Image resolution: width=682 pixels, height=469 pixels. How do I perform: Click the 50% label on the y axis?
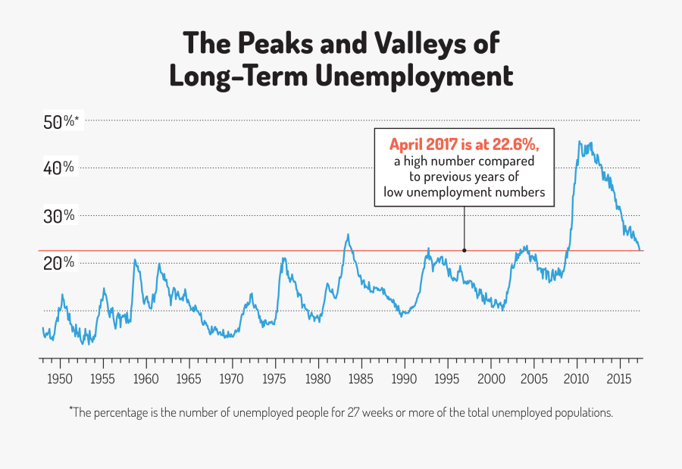pos(59,121)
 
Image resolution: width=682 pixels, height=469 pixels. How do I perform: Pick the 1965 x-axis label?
pos(189,378)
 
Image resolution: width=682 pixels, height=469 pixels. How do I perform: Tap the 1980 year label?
pos(318,378)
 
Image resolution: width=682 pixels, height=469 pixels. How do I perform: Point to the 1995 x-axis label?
pos(447,378)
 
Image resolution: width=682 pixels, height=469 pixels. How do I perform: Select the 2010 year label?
pos(577,378)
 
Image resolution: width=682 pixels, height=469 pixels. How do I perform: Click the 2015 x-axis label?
pos(620,378)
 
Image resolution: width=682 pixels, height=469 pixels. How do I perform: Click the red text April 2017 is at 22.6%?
pos(465,145)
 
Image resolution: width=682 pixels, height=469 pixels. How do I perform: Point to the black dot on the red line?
pos(464,250)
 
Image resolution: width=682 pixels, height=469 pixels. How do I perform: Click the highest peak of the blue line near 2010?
pos(580,142)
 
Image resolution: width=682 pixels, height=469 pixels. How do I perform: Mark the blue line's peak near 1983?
pos(348,234)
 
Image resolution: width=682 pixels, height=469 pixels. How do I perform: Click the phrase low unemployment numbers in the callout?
pos(465,192)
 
